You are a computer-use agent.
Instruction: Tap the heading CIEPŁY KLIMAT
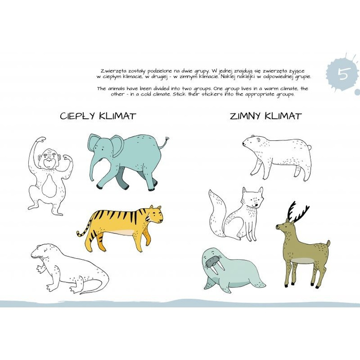tap(98, 116)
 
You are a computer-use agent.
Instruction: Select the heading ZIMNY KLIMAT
tap(266, 116)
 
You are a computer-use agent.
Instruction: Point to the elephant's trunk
tap(93, 167)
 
